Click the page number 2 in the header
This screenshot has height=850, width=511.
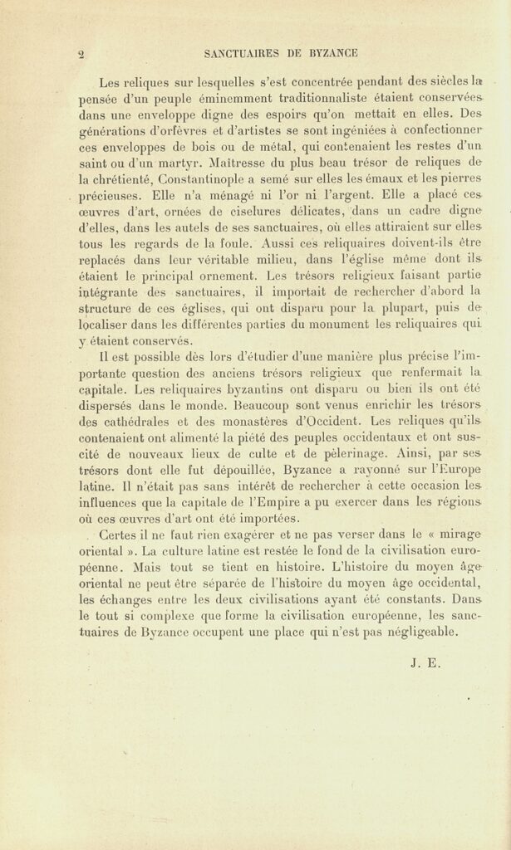pos(81,54)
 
